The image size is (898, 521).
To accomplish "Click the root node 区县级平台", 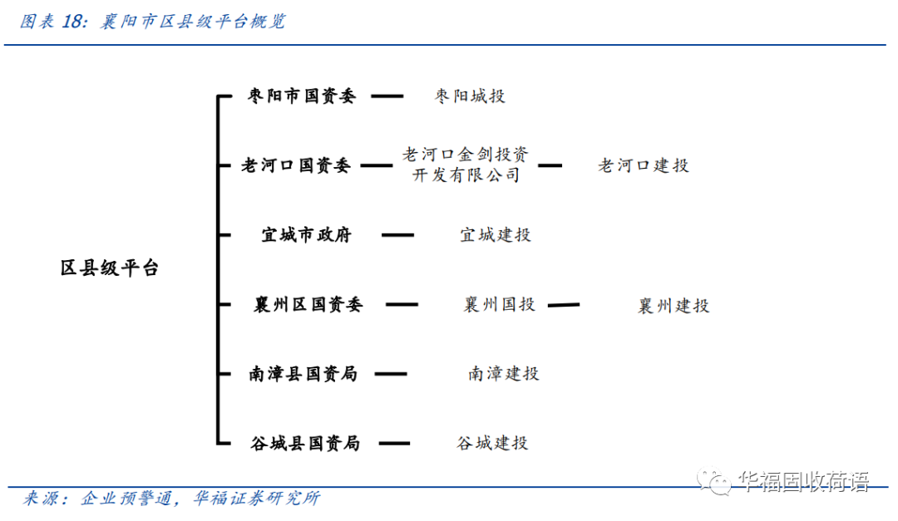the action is click(x=109, y=269).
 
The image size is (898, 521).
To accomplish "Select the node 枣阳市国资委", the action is click(x=302, y=96).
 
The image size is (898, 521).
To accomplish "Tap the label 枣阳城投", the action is click(x=469, y=96).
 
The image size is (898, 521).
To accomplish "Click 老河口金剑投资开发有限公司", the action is click(x=465, y=165).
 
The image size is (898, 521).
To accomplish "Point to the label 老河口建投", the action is click(x=643, y=165).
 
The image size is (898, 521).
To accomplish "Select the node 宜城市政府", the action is click(x=306, y=235).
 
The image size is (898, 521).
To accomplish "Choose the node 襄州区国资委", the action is click(x=308, y=305).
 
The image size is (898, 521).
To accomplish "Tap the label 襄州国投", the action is click(x=499, y=305).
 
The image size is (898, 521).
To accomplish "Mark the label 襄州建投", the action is click(x=673, y=307).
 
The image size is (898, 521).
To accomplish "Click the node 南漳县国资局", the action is click(x=303, y=374).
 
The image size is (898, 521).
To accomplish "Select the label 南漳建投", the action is click(x=503, y=374).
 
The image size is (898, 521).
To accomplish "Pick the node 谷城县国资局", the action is click(x=304, y=443).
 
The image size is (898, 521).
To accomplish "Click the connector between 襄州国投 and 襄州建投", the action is click(x=564, y=305).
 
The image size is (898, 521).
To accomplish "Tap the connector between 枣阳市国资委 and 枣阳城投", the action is click(x=387, y=96).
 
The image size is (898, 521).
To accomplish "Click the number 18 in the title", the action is click(x=73, y=22).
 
